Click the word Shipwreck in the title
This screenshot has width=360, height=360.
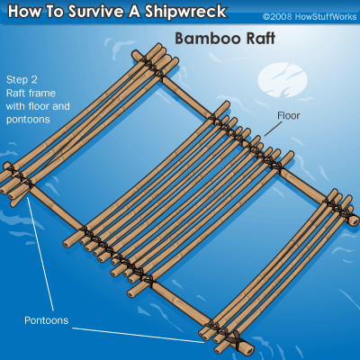[x=186, y=12]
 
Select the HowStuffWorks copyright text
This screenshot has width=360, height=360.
[x=310, y=16]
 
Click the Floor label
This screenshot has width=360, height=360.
[x=288, y=115]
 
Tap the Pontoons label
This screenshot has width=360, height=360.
[x=47, y=320]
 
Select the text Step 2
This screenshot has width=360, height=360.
[x=22, y=80]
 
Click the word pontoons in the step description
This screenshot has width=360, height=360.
[x=28, y=120]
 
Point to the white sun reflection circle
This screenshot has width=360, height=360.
[x=283, y=79]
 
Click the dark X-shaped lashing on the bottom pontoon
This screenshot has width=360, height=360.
[x=236, y=340]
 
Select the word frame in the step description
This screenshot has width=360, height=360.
[x=42, y=93]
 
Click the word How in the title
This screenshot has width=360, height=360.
[x=22, y=12]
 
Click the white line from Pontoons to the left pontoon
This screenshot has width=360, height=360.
[x=40, y=254]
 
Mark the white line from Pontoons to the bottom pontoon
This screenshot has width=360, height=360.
[x=138, y=335]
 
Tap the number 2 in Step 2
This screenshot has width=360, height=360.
[x=34, y=80]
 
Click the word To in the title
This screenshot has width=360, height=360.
[x=52, y=12]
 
